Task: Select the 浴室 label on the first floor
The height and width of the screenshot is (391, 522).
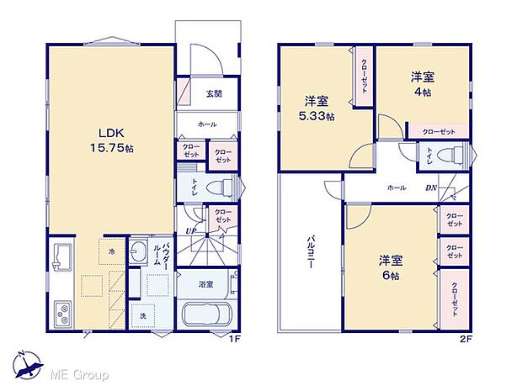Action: coord(206,285)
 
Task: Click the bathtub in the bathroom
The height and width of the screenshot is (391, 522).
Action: coord(206,318)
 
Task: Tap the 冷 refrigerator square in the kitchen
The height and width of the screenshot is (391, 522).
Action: coord(111,251)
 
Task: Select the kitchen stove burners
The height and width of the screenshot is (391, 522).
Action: coord(62,316)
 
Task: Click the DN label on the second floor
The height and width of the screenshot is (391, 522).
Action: coord(430,188)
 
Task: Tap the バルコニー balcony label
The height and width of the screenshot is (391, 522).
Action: coord(309,252)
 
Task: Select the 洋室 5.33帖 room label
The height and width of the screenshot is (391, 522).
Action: coord(319,109)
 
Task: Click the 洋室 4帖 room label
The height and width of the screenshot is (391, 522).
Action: coord(422,84)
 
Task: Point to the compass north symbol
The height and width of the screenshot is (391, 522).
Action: coord(25,362)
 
